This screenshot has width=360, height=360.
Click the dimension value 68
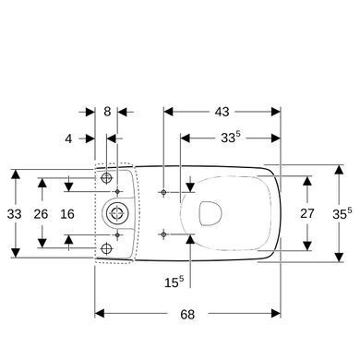click(x=187, y=315)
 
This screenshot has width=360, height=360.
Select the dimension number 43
click(x=222, y=112)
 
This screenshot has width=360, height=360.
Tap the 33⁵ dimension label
click(x=230, y=138)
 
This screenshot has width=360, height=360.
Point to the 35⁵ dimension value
click(x=342, y=214)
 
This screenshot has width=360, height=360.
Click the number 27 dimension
click(x=307, y=213)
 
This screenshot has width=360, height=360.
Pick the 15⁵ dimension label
click(x=174, y=282)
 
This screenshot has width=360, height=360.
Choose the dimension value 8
click(x=107, y=112)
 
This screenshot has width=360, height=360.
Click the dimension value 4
click(x=68, y=138)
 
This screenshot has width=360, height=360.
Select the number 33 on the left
click(x=14, y=214)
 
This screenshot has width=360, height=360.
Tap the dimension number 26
click(x=41, y=214)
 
